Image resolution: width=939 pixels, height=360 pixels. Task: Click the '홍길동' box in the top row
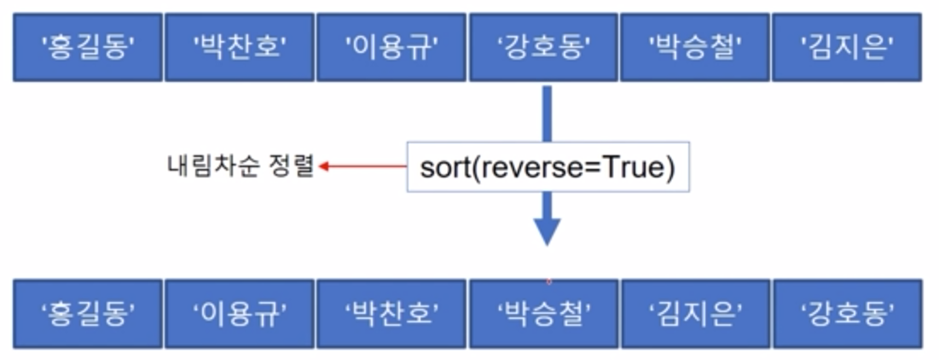(x=88, y=47)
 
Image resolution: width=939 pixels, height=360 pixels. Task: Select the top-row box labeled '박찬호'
(x=240, y=47)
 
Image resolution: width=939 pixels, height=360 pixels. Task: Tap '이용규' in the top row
(x=392, y=47)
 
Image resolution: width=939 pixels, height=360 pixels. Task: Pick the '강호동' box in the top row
(x=544, y=47)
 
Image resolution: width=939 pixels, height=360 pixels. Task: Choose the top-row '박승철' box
(x=696, y=47)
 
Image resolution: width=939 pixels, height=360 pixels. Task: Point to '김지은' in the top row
(x=847, y=47)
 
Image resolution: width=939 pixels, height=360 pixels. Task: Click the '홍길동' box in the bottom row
(x=88, y=313)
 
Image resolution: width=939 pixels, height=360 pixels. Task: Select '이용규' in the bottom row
(x=240, y=313)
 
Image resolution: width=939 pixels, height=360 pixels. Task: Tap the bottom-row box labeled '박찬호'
(x=392, y=313)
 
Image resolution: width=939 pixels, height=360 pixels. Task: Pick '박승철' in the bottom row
(x=544, y=313)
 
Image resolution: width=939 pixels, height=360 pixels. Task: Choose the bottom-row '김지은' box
(x=696, y=313)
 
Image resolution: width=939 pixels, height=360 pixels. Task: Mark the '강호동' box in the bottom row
(x=847, y=313)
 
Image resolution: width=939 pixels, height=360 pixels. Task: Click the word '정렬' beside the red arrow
(x=291, y=165)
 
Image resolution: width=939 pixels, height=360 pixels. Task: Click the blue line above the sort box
(x=547, y=112)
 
